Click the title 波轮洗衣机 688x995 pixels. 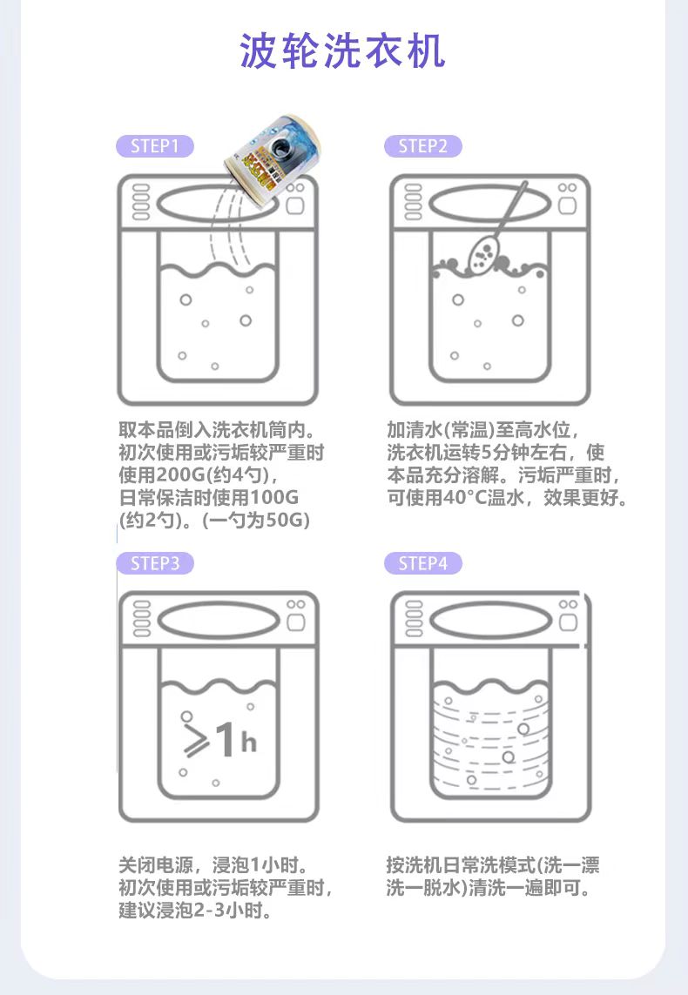[x=343, y=50]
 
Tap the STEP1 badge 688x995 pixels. [x=155, y=146]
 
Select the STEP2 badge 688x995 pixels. [x=422, y=146]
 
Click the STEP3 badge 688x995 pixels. [x=155, y=563]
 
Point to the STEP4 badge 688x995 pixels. [x=422, y=563]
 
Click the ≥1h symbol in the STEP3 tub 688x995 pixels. [x=219, y=740]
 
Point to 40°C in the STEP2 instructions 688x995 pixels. [x=464, y=498]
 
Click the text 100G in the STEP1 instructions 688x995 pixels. [x=273, y=498]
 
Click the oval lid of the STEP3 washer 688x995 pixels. [x=219, y=621]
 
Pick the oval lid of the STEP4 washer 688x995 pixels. [x=490, y=621]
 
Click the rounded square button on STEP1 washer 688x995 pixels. [x=294, y=205]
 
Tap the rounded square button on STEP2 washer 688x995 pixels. [x=567, y=205]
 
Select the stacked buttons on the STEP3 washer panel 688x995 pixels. [x=142, y=619]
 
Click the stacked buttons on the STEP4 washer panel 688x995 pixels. [x=413, y=619]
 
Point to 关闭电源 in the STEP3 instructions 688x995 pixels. [x=156, y=865]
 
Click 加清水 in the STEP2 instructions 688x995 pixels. [x=415, y=430]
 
